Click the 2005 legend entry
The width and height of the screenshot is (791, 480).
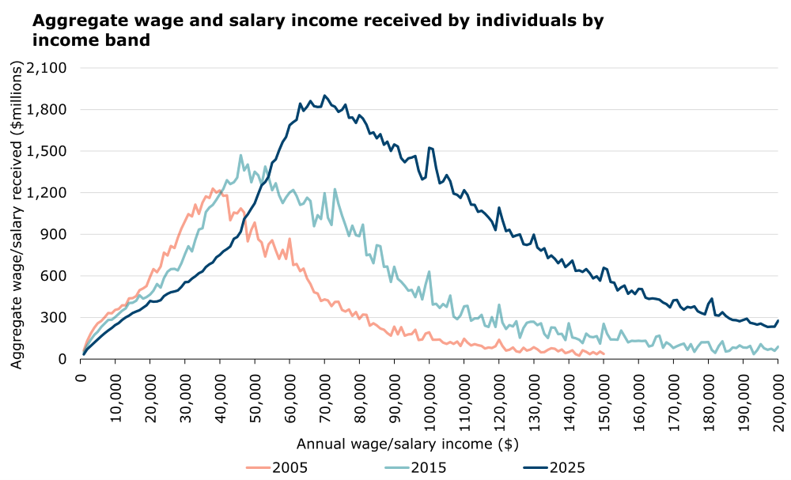tap(277, 467)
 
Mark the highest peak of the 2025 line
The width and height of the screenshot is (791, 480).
tap(325, 95)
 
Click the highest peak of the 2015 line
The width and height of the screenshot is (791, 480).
tap(241, 155)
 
